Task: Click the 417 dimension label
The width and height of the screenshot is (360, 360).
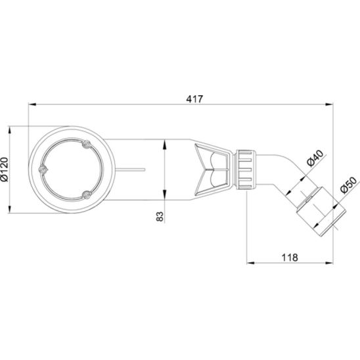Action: (194, 99)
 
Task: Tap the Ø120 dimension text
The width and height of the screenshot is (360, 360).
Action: (5, 169)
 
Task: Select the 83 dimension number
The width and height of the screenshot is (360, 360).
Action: (160, 216)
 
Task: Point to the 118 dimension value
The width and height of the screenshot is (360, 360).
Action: (290, 258)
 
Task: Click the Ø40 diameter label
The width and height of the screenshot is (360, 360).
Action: (315, 158)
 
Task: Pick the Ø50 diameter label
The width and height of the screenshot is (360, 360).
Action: (349, 185)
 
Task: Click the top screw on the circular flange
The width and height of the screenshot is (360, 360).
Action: (87, 144)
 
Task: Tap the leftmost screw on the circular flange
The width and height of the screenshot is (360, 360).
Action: (43, 169)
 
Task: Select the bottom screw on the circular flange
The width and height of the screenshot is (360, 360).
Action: (87, 195)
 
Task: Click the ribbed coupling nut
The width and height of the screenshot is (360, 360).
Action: (246, 169)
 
